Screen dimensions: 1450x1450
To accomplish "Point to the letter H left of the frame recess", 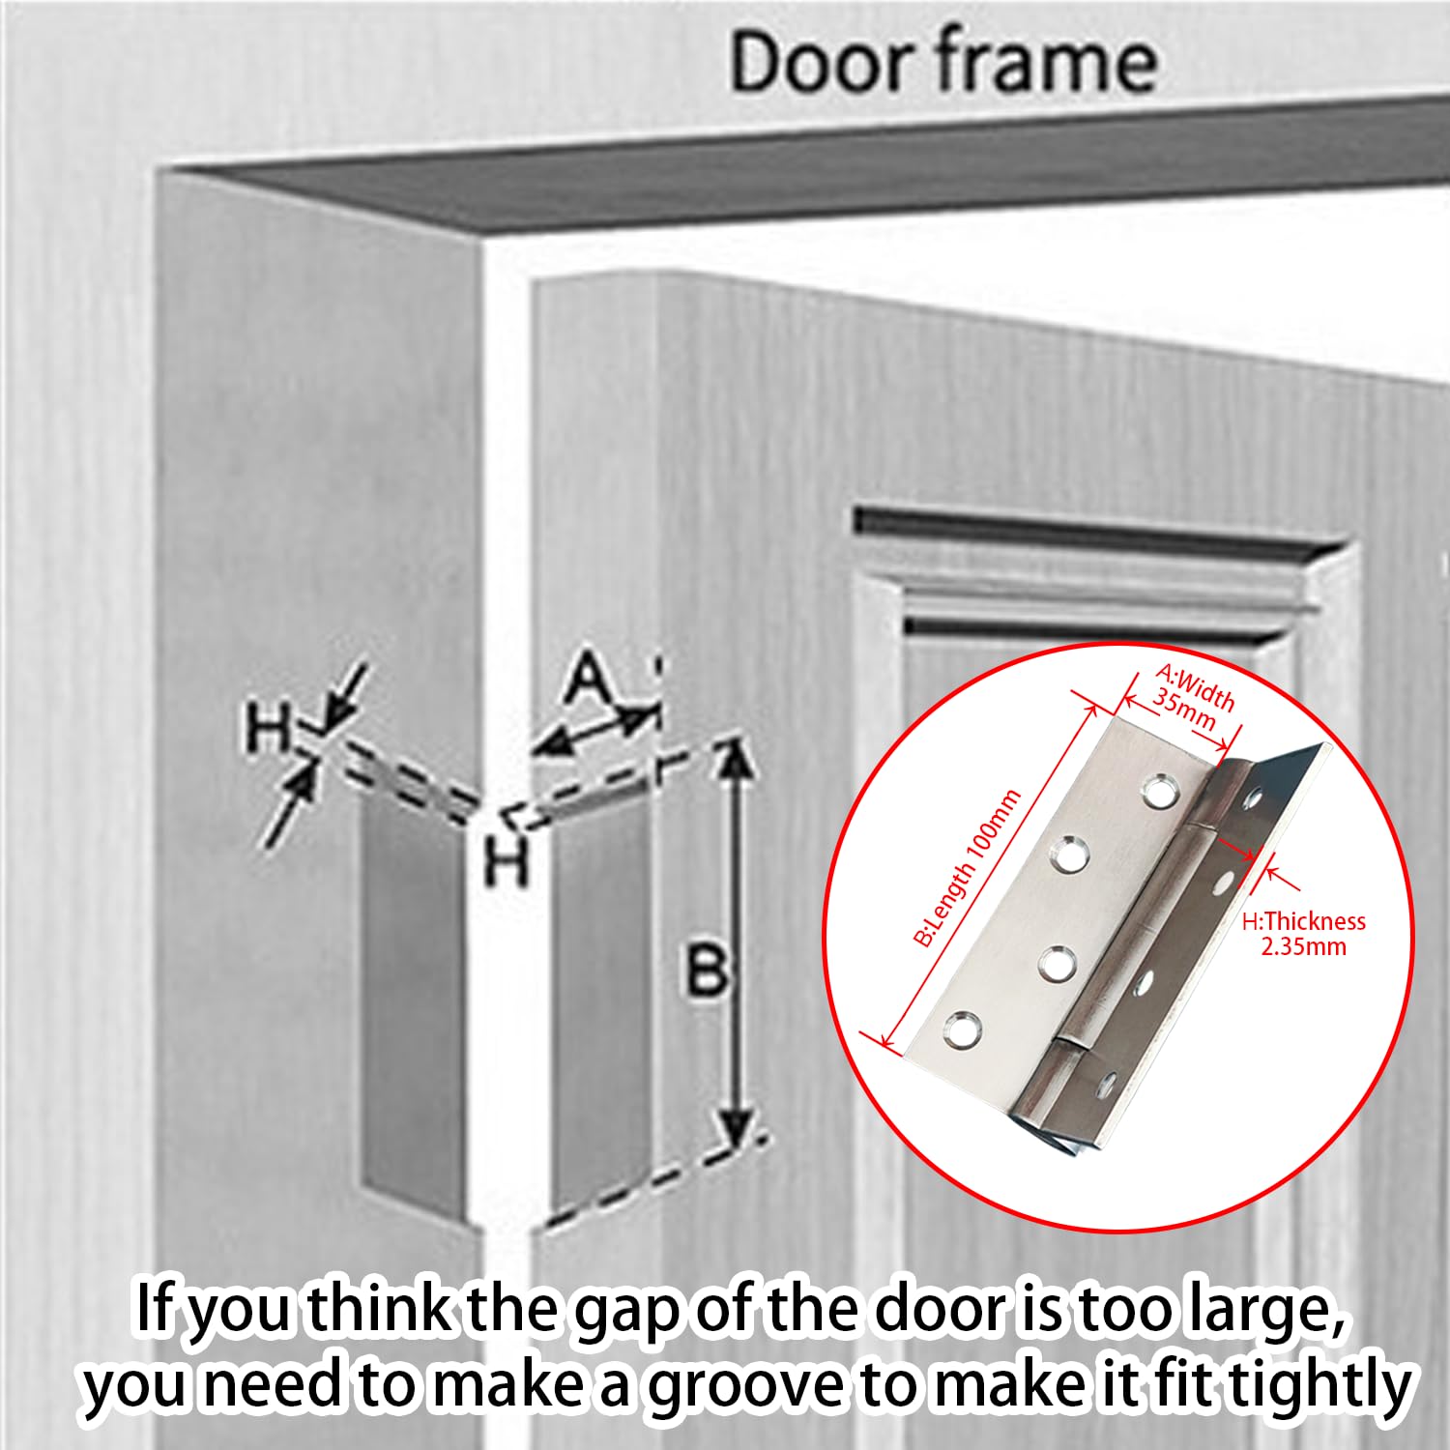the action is tap(269, 728).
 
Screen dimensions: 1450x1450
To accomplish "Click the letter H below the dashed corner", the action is tap(506, 860).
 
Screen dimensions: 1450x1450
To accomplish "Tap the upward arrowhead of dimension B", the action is tap(737, 760).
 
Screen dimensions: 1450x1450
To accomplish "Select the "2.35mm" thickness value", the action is tap(1303, 946).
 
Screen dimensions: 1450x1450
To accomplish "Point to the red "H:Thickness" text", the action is tap(1303, 921).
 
